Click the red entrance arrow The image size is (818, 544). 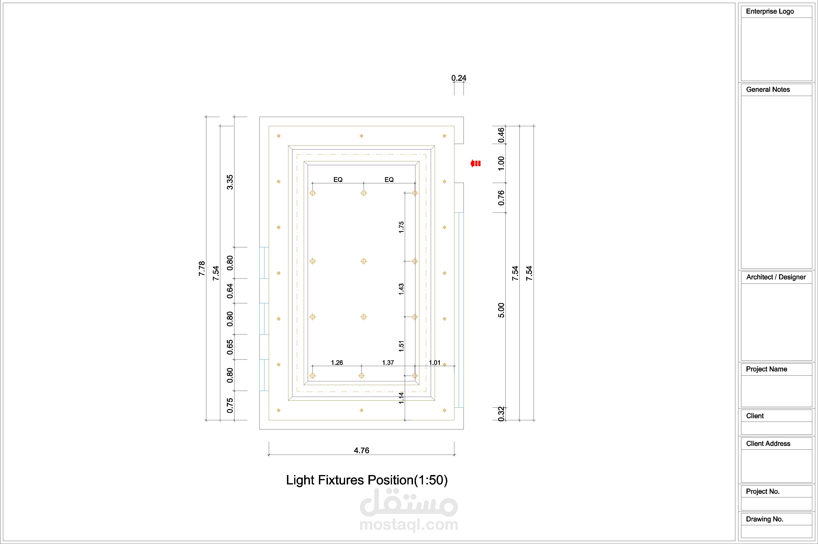coord(475,163)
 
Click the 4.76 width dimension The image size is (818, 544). coord(361,450)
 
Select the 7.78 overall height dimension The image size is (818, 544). coord(202,269)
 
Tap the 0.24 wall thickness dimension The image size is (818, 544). coord(459,78)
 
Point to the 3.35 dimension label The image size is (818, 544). coord(230,182)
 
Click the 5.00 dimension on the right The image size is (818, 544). coord(501,310)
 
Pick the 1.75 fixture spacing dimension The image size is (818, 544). coord(401,227)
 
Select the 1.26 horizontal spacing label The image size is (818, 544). coord(337,362)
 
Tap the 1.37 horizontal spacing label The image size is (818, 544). coord(388,362)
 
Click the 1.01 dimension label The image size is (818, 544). coord(435,362)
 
